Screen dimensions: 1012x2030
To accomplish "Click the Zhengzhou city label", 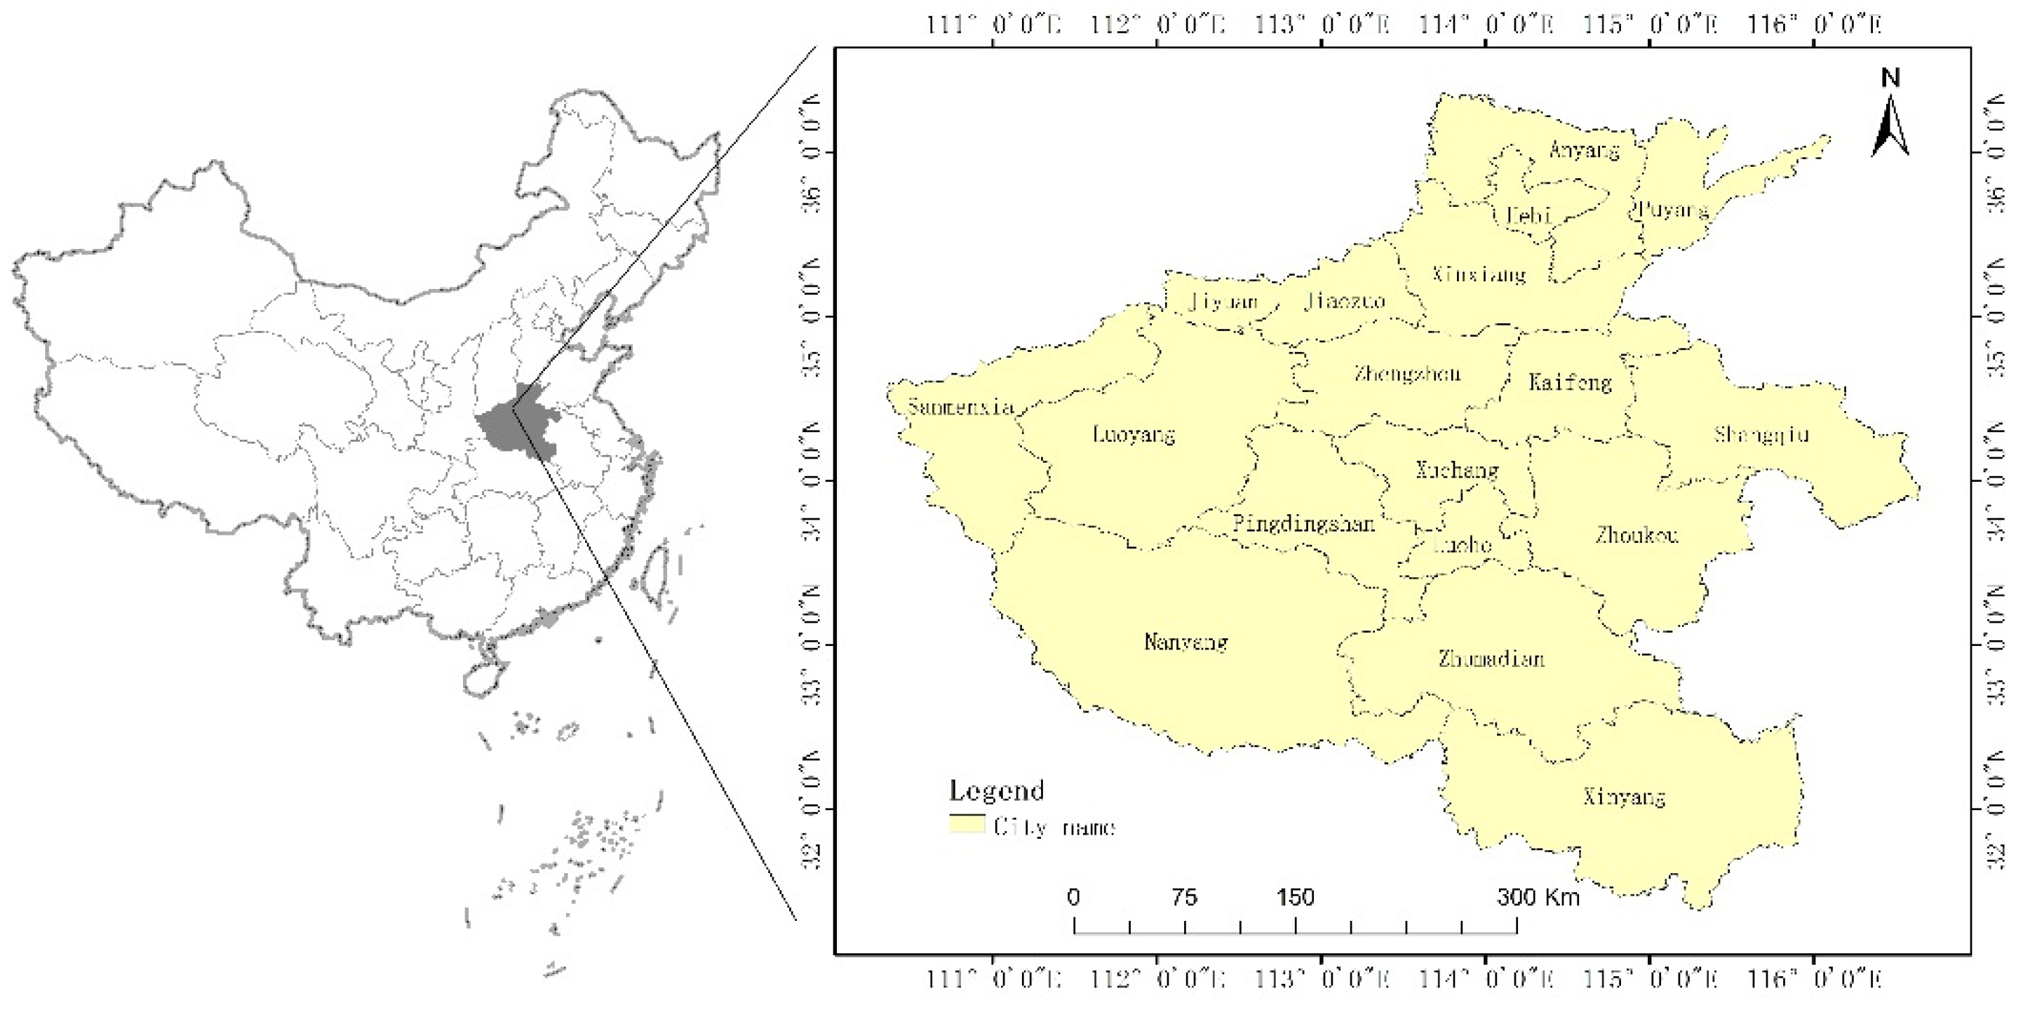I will [1407, 374].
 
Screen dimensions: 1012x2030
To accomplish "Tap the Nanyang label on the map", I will [1186, 642].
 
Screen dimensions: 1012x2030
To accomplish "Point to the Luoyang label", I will [1134, 433].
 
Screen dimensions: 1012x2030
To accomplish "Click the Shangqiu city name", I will [1761, 434].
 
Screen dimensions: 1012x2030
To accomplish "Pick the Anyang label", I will [1584, 150].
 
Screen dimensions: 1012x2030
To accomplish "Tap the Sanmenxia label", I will [960, 407].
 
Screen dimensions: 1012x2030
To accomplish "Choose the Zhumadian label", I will [1491, 658].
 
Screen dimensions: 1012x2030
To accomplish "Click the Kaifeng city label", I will [1570, 382].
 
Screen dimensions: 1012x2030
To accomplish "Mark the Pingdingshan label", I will [1303, 523].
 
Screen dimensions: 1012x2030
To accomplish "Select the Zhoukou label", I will [1636, 535].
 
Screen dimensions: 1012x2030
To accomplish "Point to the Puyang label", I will [1673, 210].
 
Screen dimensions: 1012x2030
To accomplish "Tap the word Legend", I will [996, 790].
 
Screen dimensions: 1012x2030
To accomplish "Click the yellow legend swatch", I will [967, 825].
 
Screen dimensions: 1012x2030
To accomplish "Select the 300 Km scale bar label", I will [1538, 897].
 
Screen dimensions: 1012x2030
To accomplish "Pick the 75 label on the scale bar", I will [1185, 897].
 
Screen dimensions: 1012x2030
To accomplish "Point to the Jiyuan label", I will [1223, 302].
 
